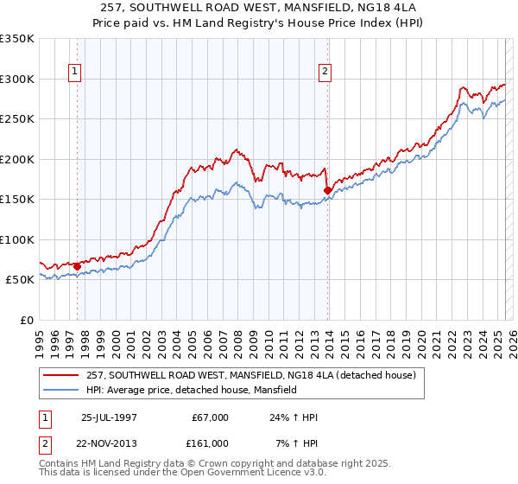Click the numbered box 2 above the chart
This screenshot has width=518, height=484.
(x=325, y=72)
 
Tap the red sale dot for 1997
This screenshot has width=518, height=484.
(x=77, y=266)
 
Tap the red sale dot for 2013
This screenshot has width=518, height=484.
(x=328, y=190)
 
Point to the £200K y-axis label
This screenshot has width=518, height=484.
(x=17, y=159)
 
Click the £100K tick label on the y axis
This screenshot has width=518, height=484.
(x=17, y=239)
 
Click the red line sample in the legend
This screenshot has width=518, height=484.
(x=61, y=375)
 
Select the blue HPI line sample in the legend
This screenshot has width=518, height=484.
(x=61, y=390)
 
